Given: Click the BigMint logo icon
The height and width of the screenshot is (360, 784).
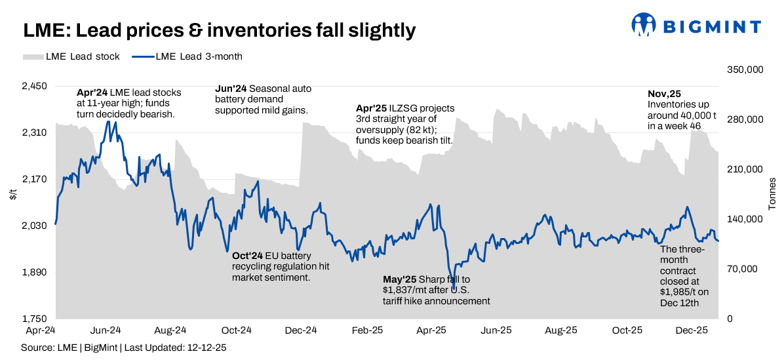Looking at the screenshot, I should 643,25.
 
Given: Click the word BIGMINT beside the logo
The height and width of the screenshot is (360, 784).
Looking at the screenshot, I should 713,26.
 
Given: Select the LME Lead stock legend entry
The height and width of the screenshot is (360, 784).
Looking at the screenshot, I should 71,56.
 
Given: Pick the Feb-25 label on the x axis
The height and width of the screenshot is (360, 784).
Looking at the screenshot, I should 368,330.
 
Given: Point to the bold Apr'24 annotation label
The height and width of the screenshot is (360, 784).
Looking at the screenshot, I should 92,93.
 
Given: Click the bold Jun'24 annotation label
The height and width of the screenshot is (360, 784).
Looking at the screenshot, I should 231,89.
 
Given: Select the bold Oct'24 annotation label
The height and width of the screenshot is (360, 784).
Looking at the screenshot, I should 247,256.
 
